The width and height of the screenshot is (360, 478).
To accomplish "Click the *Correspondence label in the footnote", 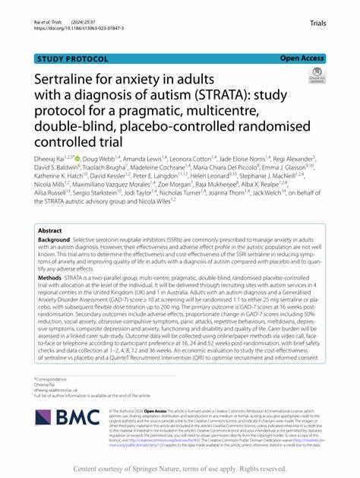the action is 52,378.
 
